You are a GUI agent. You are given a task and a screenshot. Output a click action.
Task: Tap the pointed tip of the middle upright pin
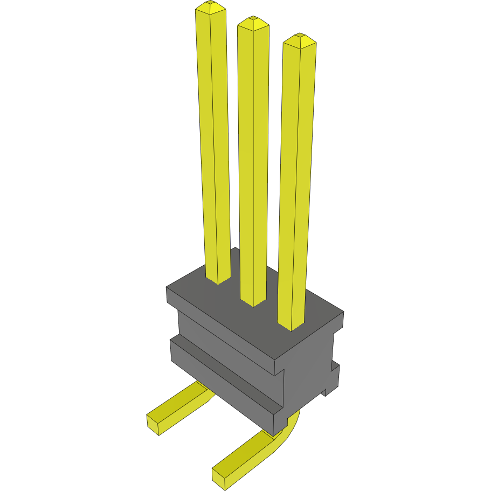pos(253,23)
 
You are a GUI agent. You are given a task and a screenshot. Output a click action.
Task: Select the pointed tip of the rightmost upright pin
pos(299,40)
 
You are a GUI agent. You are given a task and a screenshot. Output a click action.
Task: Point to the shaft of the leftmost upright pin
pos(215,146)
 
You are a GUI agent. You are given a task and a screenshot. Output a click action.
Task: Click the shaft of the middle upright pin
pos(253,162)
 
